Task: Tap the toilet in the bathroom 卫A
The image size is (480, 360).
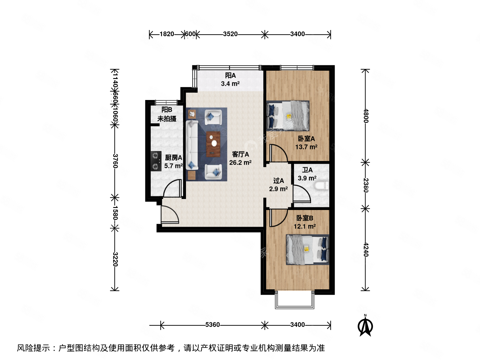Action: pos(321,186)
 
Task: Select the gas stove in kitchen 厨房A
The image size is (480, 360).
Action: pos(156,161)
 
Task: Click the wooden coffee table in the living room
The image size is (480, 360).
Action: pos(213,144)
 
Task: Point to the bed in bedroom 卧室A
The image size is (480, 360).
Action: pos(288,116)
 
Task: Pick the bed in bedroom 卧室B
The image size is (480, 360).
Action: pos(307,250)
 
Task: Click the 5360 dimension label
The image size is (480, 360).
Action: pos(212,325)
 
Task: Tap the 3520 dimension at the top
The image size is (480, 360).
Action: pos(230,34)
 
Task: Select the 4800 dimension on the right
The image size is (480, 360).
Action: pos(366,116)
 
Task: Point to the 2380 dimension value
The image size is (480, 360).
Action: pos(366,185)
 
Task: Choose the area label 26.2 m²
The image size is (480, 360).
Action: pos(240,163)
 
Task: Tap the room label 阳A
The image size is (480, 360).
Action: pos(230,75)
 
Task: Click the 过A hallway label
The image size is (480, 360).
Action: pos(278,181)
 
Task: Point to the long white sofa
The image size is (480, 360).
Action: pos(192,145)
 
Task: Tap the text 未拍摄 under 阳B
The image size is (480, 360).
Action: pos(167,119)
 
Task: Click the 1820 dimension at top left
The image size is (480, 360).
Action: pos(167,34)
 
